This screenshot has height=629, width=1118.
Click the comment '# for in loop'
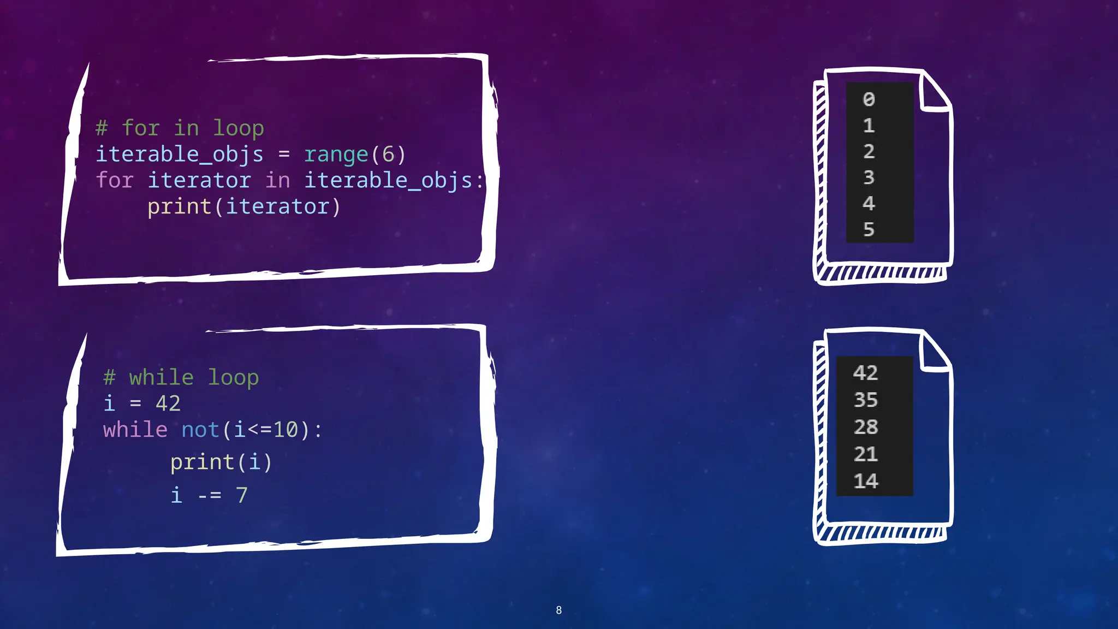180,128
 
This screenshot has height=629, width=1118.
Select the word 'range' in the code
336,155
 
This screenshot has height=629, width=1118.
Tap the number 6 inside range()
388,155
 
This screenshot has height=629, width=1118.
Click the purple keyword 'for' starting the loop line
115,180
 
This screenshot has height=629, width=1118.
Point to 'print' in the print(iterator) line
179,206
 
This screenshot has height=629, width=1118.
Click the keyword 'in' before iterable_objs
277,180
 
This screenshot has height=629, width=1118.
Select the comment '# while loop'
181,377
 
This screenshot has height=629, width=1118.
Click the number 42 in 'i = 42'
168,403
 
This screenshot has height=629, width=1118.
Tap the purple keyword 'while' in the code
135,430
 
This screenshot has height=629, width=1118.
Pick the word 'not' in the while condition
200,430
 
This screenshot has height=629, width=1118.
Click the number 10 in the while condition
286,430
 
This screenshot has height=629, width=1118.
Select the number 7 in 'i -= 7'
241,495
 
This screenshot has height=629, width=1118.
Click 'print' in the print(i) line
202,462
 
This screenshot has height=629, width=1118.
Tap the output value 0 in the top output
869,99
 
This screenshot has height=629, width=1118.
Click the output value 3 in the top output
869,177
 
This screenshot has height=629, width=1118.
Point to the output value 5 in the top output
869,229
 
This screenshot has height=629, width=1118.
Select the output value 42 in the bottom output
866,373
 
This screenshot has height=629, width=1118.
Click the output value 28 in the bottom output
866,427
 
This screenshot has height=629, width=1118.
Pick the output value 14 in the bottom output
866,481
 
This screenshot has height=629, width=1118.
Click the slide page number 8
558,610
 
